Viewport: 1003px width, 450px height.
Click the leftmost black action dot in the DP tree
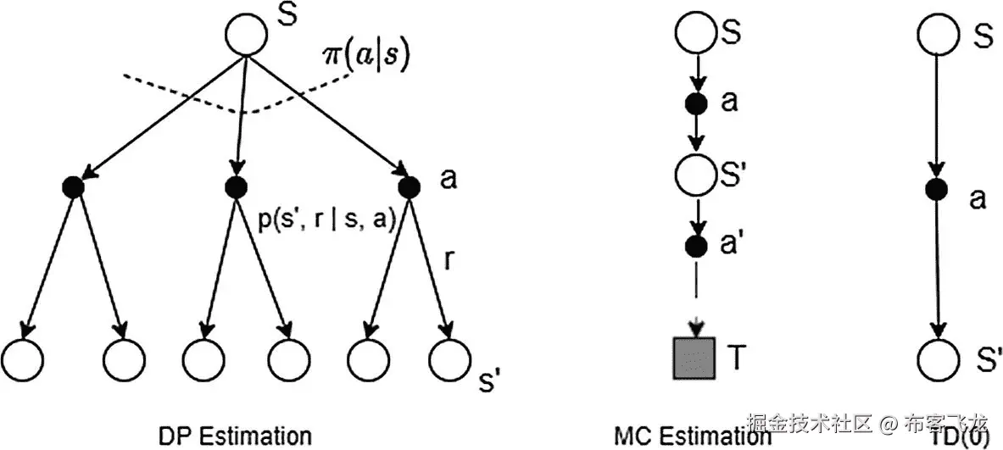point(73,187)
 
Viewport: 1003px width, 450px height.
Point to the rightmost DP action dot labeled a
point(409,187)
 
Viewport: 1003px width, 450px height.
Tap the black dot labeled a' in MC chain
point(696,248)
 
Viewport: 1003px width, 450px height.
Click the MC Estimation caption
point(692,436)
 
